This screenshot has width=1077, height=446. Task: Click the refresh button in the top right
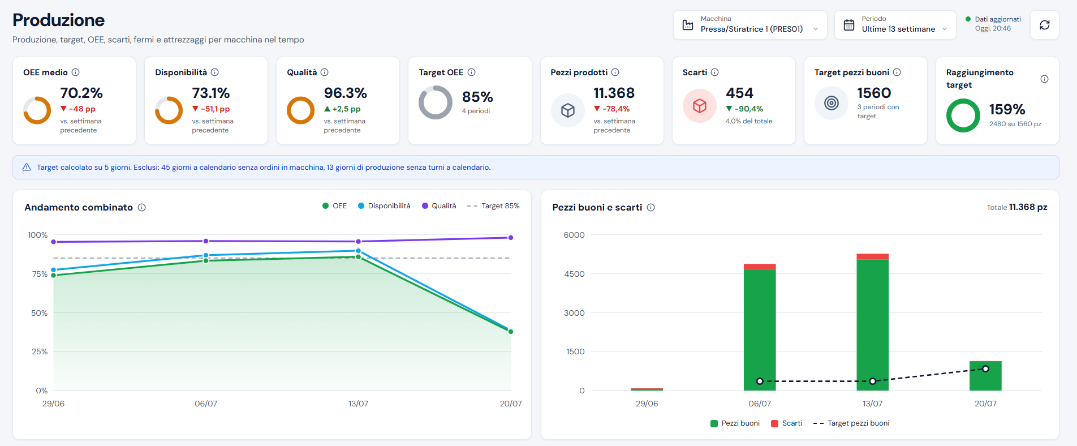[1044, 25]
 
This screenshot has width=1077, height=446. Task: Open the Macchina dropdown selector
[750, 25]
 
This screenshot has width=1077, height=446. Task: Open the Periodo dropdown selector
[895, 25]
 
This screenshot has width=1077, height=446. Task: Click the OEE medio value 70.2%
[81, 93]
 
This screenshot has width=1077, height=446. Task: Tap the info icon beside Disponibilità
[215, 72]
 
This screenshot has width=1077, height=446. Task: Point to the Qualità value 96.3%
[345, 93]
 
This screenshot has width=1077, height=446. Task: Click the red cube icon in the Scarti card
[700, 106]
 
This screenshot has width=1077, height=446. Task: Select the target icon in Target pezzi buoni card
[832, 103]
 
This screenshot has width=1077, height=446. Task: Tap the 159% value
[1007, 109]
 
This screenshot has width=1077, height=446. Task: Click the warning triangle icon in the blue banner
[27, 168]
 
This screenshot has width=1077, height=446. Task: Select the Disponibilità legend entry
[384, 206]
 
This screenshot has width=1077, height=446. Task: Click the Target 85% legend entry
[493, 206]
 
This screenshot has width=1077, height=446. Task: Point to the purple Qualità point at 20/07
[511, 238]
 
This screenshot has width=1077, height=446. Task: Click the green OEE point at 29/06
[54, 276]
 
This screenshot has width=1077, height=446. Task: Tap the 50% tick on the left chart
[40, 313]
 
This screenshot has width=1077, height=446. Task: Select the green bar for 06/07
[760, 330]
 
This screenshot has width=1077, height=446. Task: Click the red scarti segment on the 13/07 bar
[872, 257]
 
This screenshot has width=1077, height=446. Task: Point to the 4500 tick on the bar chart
[574, 274]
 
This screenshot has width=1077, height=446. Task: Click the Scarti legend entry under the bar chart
[787, 423]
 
